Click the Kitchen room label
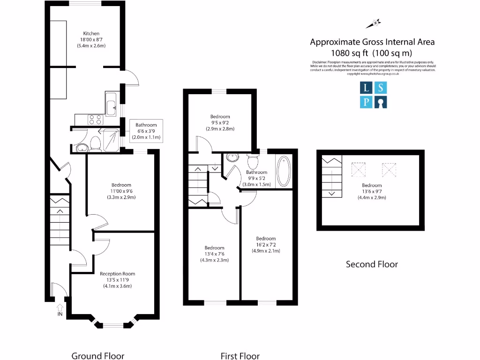[91, 34]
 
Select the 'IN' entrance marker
[60, 314]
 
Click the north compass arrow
[376, 22]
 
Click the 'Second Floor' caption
[372, 264]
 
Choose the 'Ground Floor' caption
[97, 356]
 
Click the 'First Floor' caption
[240, 356]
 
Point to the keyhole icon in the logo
[381, 102]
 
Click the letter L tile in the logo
[366, 87]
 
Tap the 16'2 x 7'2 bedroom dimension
[266, 245]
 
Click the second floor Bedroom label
[372, 185]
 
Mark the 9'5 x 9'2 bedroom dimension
[220, 123]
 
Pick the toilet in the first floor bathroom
[253, 162]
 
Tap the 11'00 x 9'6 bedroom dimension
[121, 191]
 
